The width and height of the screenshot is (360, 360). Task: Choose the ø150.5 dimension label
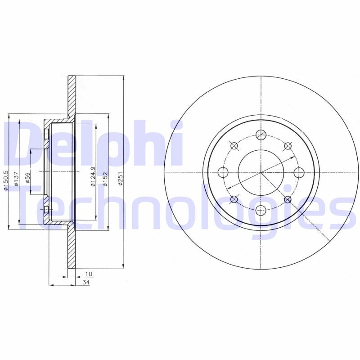6,180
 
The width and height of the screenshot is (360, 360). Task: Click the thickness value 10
89,274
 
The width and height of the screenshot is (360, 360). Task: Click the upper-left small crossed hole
234,145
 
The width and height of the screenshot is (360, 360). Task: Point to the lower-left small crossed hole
234,199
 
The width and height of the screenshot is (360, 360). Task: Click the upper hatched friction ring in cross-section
72,97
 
